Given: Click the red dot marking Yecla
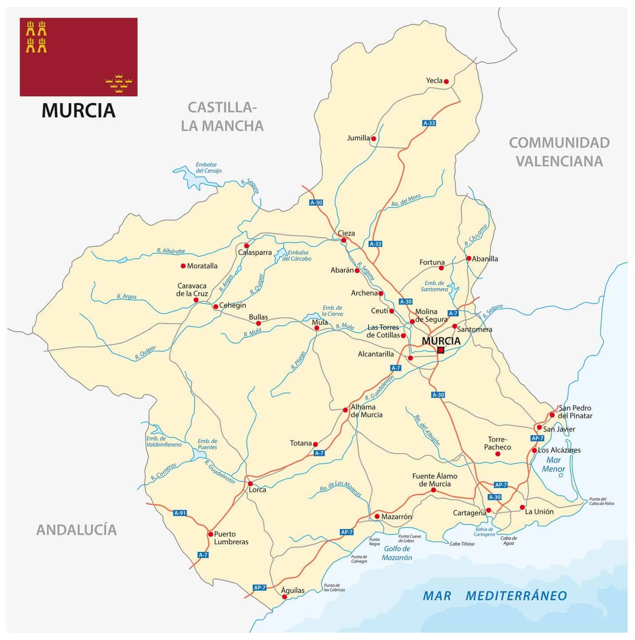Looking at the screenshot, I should pyautogui.click(x=446, y=81).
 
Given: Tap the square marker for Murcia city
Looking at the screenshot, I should pyautogui.click(x=440, y=350).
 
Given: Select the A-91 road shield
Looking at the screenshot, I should pyautogui.click(x=180, y=513).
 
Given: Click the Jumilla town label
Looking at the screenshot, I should pyautogui.click(x=358, y=138).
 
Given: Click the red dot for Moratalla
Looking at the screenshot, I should pyautogui.click(x=183, y=266).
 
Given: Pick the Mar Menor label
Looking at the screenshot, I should pyautogui.click(x=553, y=464).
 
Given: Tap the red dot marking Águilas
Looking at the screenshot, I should pyautogui.click(x=284, y=597).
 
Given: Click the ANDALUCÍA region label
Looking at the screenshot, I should pyautogui.click(x=76, y=530).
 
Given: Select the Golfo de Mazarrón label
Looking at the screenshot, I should pyautogui.click(x=397, y=553).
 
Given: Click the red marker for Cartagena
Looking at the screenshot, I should pyautogui.click(x=488, y=510).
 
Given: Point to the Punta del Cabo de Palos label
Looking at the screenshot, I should pyautogui.click(x=601, y=501).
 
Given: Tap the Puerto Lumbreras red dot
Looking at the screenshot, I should pyautogui.click(x=210, y=534).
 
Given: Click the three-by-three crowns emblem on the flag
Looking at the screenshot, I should pyautogui.click(x=119, y=83).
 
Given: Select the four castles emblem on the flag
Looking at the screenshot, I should pyautogui.click(x=36, y=36).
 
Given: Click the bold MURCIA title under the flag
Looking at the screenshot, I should pyautogui.click(x=79, y=111).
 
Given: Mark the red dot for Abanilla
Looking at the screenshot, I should pyautogui.click(x=468, y=258).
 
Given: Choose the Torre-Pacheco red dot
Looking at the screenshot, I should pyautogui.click(x=497, y=454).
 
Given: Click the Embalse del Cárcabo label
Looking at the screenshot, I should pyautogui.click(x=297, y=256).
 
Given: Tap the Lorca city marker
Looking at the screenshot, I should pyautogui.click(x=250, y=484).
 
